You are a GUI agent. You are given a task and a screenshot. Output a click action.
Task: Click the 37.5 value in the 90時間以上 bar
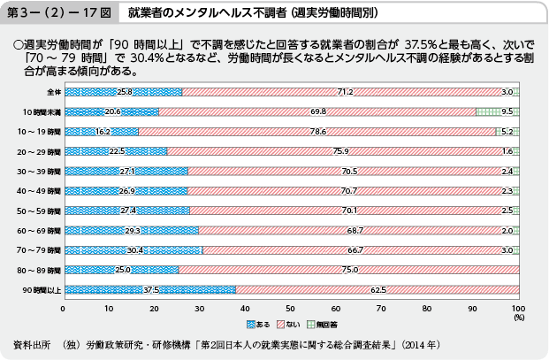(150, 288)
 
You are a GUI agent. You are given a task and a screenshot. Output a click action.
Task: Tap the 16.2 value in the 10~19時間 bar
(102, 132)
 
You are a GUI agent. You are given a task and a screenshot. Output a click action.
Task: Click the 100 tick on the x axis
(518, 309)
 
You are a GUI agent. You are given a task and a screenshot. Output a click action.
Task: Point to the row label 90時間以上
(42, 289)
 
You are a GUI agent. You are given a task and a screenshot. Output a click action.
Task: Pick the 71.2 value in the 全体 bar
(346, 92)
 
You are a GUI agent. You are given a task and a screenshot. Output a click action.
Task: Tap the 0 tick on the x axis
(64, 309)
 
